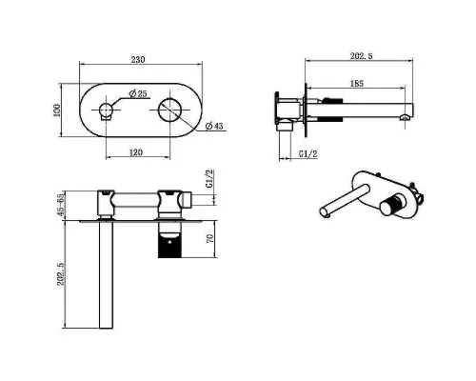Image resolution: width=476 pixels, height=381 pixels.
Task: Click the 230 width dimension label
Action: coord(138,59)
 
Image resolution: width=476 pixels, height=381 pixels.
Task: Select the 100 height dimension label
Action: coord(57,110)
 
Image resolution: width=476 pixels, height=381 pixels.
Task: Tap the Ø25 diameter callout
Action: coord(138,93)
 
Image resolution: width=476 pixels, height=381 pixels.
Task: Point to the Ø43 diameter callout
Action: coord(214,126)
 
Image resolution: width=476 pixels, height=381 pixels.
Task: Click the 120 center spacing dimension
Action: coord(136,152)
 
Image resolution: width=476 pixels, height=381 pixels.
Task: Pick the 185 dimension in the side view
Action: coord(357,84)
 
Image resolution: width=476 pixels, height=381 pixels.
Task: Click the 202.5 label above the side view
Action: coord(362,56)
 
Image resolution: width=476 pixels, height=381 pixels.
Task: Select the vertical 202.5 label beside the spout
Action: coord(61,273)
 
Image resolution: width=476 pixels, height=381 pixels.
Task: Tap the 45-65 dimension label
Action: coord(61,206)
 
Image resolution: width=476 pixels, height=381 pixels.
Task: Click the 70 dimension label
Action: coord(210,238)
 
